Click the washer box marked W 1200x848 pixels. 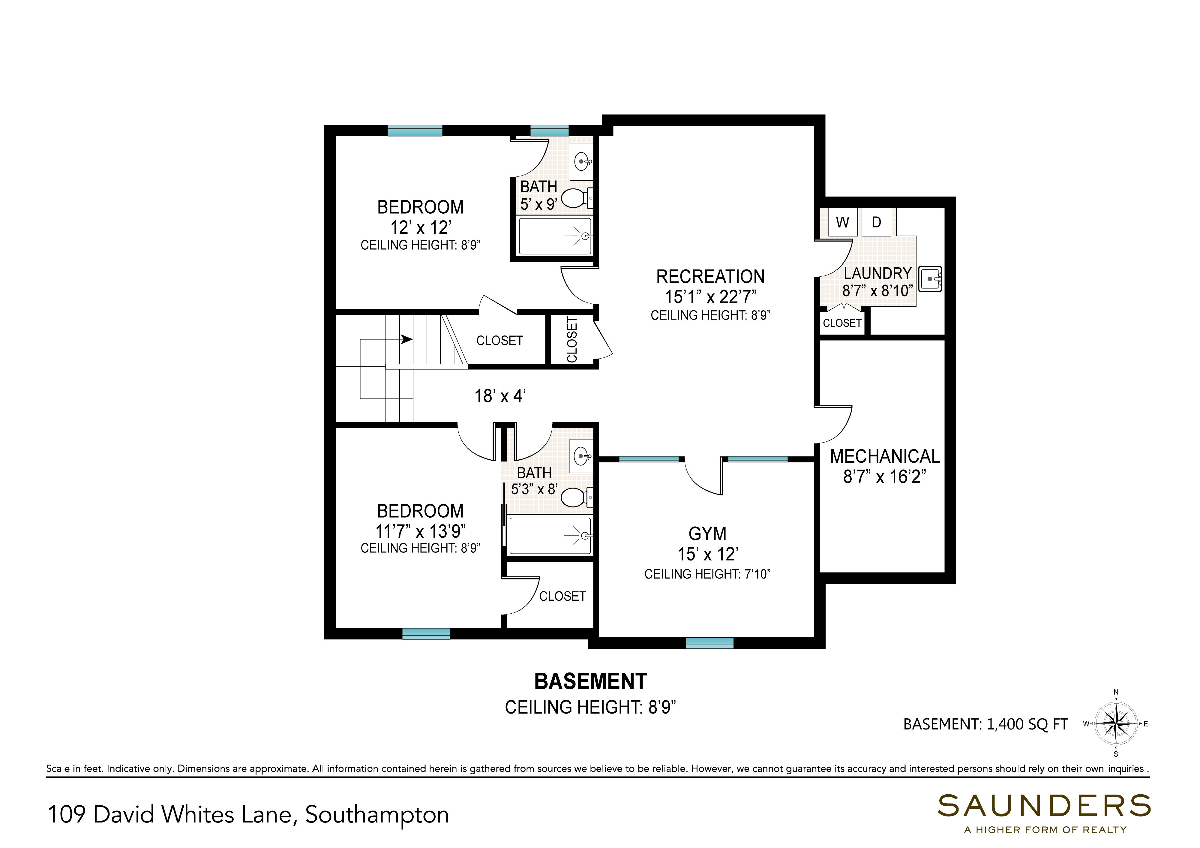click(x=842, y=222)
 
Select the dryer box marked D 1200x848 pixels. click(x=877, y=222)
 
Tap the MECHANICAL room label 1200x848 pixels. click(x=884, y=456)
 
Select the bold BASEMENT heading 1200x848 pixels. click(x=591, y=681)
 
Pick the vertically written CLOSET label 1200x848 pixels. click(x=572, y=339)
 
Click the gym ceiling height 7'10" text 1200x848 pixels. click(x=707, y=574)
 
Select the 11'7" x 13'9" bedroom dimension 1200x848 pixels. click(x=420, y=531)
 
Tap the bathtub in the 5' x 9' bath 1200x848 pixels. click(x=555, y=236)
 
